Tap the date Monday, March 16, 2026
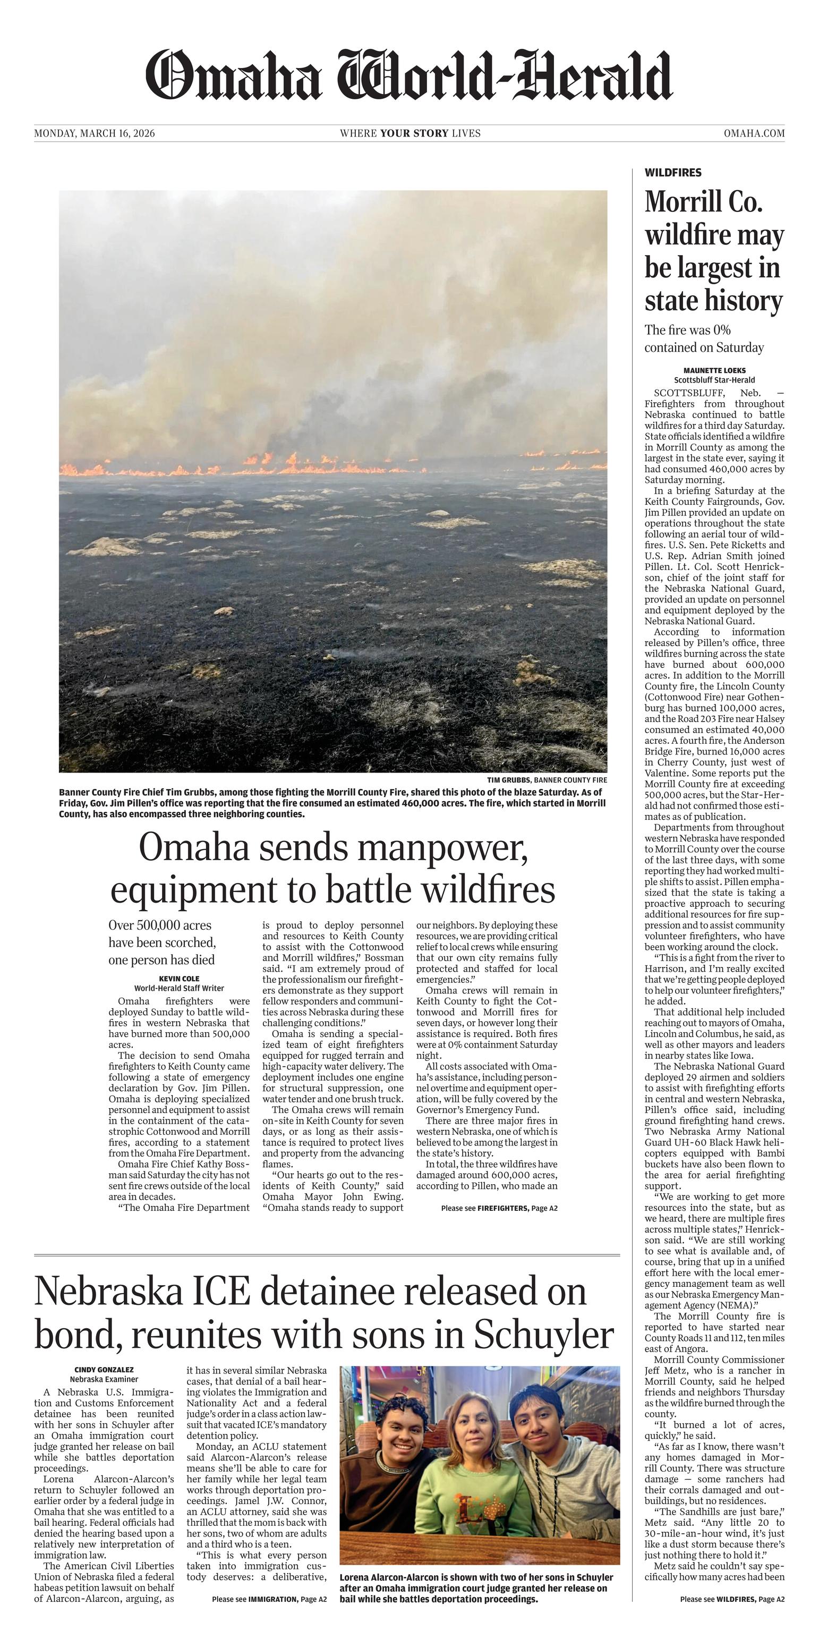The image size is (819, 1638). coord(94,133)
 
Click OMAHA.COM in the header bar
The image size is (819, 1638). coord(754,133)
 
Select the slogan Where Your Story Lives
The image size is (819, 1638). coord(410,133)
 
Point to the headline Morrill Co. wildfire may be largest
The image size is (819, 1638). coord(713,251)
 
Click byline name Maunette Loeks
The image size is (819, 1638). coord(714,370)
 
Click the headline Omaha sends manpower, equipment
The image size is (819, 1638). coord(332,869)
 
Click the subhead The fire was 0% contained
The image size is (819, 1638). coord(704,339)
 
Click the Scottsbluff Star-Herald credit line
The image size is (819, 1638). coord(714,379)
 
